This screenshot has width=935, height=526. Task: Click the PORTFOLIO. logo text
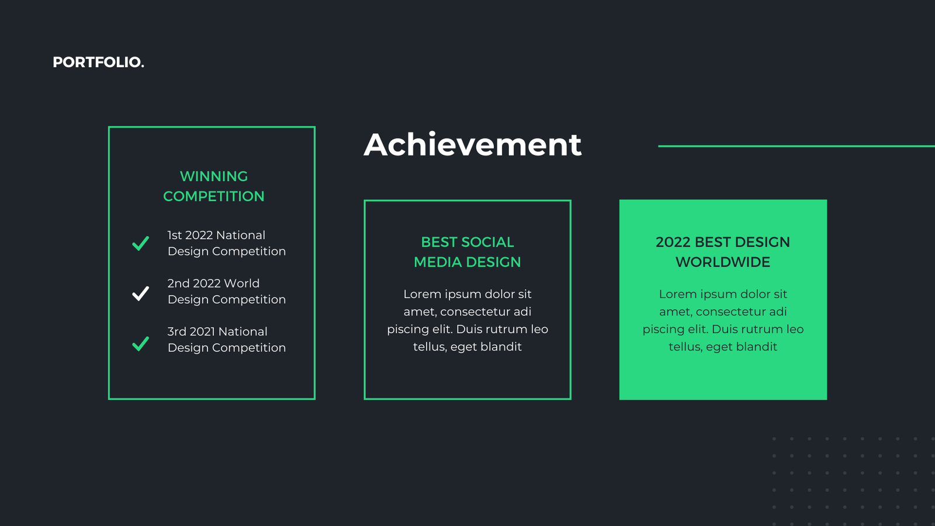point(99,62)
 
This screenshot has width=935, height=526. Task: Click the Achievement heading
point(473,144)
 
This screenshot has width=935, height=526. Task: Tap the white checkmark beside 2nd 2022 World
point(140,293)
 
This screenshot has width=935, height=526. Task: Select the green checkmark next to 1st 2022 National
point(140,243)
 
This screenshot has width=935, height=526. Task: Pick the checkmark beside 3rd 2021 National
point(140,344)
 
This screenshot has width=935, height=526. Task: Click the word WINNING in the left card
point(214,176)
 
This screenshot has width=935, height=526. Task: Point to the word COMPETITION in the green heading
point(214,196)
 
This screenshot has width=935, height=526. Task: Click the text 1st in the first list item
point(175,235)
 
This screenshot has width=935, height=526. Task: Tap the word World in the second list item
point(242,283)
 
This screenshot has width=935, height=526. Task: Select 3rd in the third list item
point(176,331)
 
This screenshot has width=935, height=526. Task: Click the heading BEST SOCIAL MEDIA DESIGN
point(467,252)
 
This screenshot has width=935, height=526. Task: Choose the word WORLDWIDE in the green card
point(723,262)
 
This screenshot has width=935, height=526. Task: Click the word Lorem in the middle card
point(422,294)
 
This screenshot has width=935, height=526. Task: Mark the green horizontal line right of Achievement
point(797,146)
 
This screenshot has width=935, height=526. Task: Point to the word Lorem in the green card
point(678,294)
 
